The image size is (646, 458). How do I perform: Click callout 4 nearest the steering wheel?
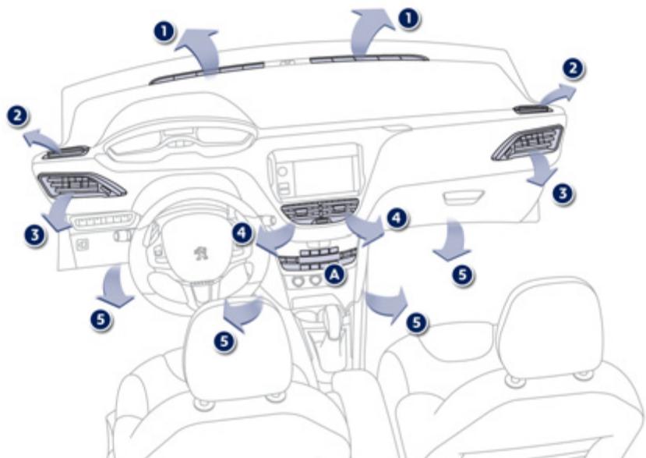242,232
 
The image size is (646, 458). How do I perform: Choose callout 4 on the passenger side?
398,218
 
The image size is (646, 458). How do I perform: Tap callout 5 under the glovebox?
462,274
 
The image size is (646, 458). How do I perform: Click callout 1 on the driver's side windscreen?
163,31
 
